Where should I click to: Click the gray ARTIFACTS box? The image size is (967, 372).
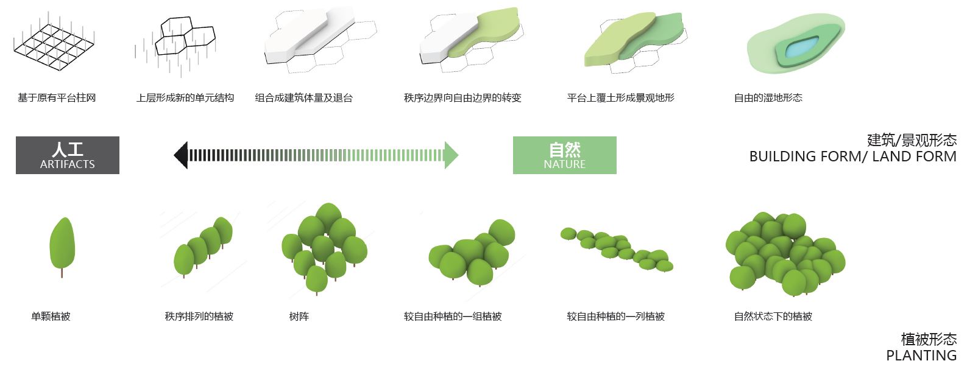[68, 155]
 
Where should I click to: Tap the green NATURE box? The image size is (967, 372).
[564, 155]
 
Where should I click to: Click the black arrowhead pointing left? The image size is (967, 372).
[181, 155]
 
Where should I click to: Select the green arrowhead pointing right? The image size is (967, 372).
[451, 155]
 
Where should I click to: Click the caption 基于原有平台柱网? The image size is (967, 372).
[57, 98]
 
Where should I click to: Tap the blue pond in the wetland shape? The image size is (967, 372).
[800, 47]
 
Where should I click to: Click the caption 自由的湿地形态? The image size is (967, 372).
[768, 98]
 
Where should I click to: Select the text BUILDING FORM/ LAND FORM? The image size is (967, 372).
[852, 157]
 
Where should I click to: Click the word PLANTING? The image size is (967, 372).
[921, 356]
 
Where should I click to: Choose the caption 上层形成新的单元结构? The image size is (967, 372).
[185, 98]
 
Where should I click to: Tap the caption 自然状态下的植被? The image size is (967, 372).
[773, 317]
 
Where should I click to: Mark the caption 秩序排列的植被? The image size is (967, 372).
[199, 317]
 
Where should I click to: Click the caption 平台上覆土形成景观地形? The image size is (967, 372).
[620, 98]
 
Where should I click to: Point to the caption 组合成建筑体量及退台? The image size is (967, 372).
[303, 98]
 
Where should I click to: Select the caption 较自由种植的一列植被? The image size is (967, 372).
[615, 317]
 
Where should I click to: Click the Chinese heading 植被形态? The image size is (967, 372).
[929, 339]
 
